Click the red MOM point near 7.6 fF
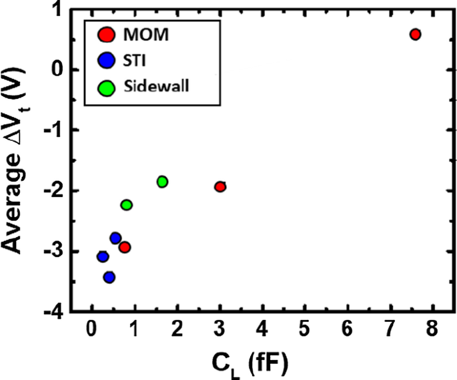(415, 35)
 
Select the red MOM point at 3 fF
(220, 186)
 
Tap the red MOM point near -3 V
(124, 247)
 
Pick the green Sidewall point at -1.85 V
(162, 182)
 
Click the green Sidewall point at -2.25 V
(127, 205)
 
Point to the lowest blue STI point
(109, 277)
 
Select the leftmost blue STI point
(103, 256)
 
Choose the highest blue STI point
(115, 238)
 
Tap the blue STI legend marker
(105, 61)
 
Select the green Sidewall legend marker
(105, 87)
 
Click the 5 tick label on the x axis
(305, 331)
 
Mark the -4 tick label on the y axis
(57, 312)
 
